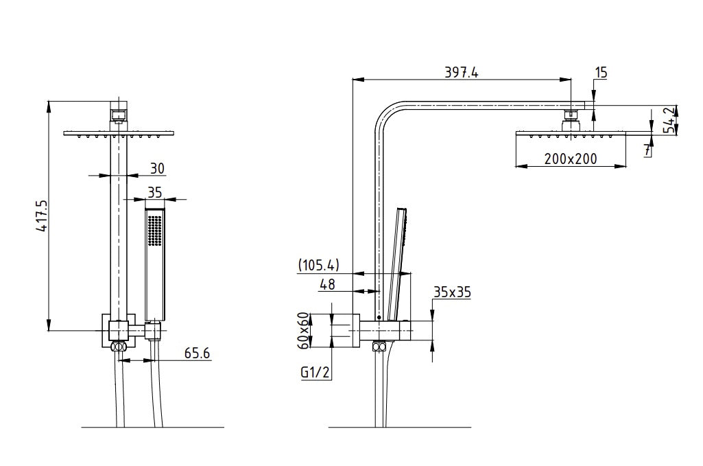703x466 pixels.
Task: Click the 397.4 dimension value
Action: coord(462,73)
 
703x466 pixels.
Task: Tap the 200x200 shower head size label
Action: coord(570,159)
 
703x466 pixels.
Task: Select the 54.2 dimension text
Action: coord(669,121)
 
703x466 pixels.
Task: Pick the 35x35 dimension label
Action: coord(452,292)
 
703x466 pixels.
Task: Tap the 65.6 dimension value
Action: coord(197,353)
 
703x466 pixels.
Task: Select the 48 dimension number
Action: coord(329,284)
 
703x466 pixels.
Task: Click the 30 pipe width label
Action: coord(156,167)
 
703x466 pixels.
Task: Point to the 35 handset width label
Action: coord(156,191)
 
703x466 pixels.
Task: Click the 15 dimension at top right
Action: coord(601,73)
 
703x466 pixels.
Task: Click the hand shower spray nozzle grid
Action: coord(155,229)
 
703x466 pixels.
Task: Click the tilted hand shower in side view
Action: coord(394,264)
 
